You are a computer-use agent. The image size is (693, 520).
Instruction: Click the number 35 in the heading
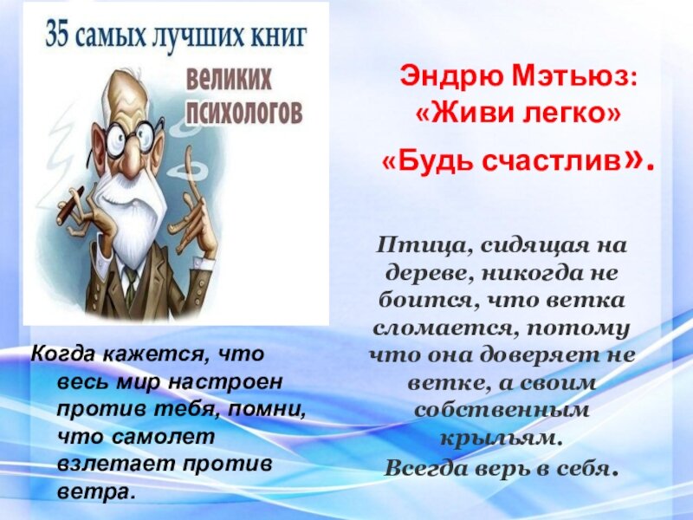click(x=57, y=35)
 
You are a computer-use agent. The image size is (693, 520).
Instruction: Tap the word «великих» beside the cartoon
click(x=229, y=80)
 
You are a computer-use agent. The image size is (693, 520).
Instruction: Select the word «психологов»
click(x=244, y=112)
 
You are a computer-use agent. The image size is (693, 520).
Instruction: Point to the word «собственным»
click(x=502, y=410)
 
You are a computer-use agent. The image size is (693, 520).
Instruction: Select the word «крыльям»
click(x=502, y=439)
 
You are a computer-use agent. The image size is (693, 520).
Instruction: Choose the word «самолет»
click(x=163, y=437)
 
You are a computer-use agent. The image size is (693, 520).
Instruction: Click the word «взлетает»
click(x=116, y=465)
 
